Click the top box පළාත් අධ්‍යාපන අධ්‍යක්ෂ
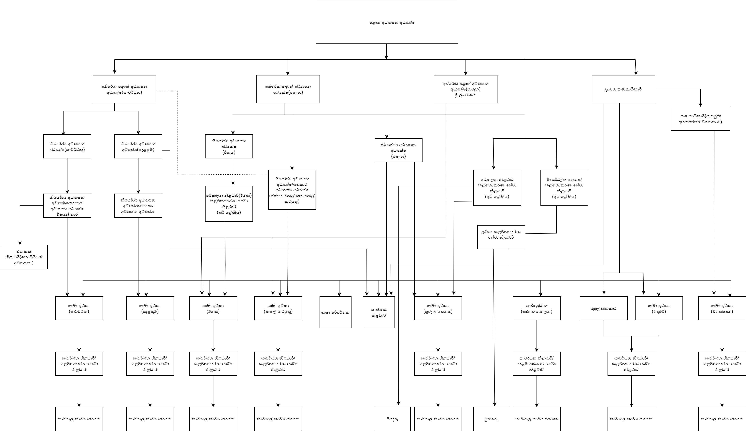(387, 22)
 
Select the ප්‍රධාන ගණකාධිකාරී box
(623, 89)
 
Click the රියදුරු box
(393, 419)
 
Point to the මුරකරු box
(491, 419)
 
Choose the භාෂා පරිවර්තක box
(335, 312)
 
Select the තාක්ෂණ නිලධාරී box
(379, 312)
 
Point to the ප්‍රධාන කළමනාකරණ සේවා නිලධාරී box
(501, 237)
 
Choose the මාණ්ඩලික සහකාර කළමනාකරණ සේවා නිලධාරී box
(564, 188)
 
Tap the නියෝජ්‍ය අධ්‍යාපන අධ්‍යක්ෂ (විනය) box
(229, 146)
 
